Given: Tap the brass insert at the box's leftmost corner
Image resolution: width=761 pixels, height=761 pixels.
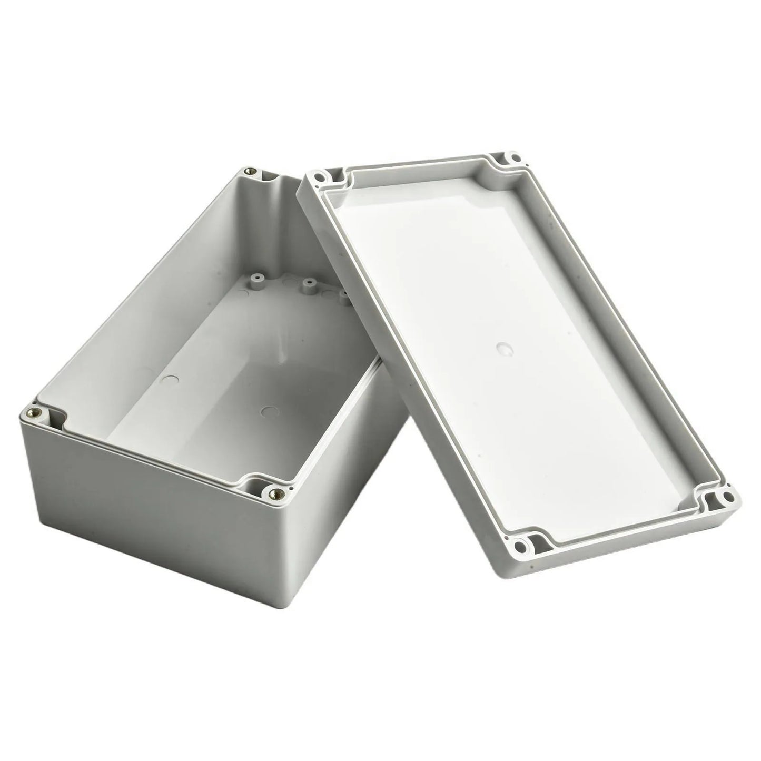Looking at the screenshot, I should point(35,412).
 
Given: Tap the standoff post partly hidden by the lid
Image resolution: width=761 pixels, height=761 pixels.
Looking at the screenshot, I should point(344,298).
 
